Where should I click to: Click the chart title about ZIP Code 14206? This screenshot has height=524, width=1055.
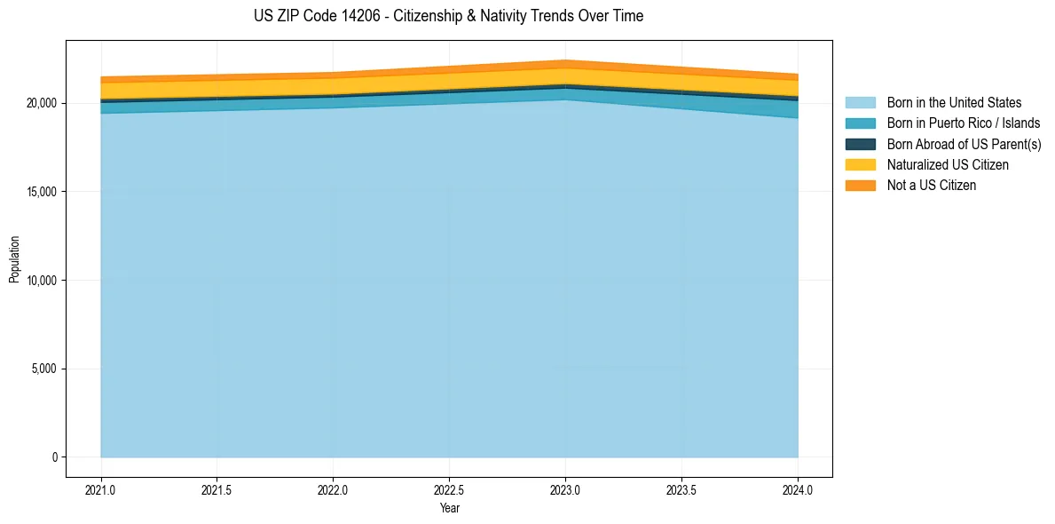click(448, 16)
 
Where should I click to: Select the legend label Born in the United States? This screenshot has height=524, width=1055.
click(954, 103)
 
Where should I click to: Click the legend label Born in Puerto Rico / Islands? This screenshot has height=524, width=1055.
click(964, 123)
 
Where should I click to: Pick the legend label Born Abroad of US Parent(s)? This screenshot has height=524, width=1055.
click(964, 144)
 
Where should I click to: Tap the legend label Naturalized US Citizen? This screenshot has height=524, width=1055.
click(948, 164)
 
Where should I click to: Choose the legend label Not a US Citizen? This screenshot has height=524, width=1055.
click(932, 185)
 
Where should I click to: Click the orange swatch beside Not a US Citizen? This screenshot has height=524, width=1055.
click(860, 185)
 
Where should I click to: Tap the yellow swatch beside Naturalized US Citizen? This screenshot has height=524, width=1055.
click(860, 164)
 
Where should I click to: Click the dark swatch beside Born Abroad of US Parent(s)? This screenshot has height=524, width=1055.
click(860, 144)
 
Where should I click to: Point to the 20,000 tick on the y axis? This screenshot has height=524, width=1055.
click(41, 103)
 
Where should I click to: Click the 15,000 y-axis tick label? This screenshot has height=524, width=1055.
click(41, 192)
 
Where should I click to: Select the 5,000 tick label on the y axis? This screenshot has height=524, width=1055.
click(43, 369)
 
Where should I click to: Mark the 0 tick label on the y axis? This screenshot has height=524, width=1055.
click(54, 457)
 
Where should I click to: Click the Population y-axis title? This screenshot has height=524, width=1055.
click(14, 258)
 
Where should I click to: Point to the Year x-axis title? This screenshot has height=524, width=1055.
click(449, 509)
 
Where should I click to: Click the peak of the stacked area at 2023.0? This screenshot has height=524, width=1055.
click(565, 60)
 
